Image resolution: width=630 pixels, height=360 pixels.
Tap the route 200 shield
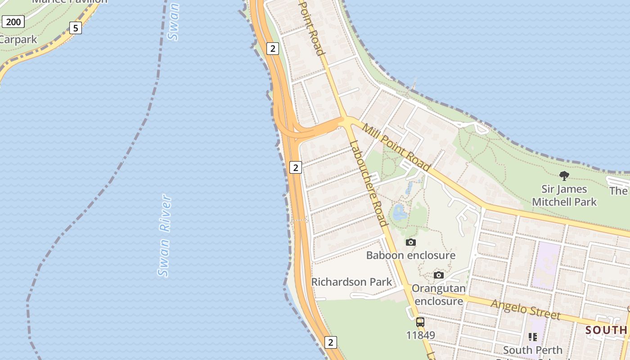(13, 22)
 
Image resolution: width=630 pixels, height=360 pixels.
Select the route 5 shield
(76, 28)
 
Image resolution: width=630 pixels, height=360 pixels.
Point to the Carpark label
(18, 40)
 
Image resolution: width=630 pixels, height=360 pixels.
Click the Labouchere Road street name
(368, 184)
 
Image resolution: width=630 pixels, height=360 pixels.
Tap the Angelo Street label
(526, 310)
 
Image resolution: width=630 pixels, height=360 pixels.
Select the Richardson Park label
(351, 282)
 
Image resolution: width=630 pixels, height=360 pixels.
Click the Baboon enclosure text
(410, 256)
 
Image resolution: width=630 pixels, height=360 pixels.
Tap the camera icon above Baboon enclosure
(410, 243)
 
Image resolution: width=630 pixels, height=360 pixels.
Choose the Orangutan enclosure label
(439, 294)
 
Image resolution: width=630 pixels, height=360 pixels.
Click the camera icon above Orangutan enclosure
(439, 275)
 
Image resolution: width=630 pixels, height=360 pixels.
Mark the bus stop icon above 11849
(420, 322)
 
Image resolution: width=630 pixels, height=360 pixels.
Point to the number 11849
(420, 335)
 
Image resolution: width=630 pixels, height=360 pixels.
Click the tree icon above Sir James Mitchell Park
(564, 175)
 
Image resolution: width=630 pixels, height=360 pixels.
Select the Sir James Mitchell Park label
(564, 195)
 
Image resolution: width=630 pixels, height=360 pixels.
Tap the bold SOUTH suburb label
(606, 330)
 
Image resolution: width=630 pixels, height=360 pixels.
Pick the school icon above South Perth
(533, 337)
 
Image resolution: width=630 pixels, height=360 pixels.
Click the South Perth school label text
(533, 350)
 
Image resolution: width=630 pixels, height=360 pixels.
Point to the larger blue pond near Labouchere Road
(399, 211)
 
